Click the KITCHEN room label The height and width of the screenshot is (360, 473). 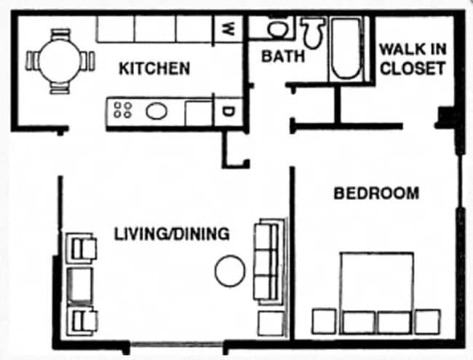[154, 68]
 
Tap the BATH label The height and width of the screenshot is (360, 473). [283, 57]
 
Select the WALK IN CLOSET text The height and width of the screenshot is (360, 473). [413, 59]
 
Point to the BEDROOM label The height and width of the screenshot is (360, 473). [376, 193]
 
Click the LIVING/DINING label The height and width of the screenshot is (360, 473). [172, 233]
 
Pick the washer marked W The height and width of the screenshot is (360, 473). [228, 29]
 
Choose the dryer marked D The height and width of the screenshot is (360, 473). [228, 112]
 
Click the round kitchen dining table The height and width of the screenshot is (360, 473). [60, 61]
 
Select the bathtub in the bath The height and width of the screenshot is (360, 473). [346, 49]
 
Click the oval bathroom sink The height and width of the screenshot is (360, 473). [278, 29]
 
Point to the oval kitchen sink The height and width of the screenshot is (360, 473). [156, 111]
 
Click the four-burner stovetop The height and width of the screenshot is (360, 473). [123, 110]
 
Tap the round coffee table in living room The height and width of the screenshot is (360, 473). [230, 271]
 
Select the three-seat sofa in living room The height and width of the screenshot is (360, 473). [269, 262]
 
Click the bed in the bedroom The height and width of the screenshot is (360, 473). [376, 293]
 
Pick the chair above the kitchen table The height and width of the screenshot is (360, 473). [60, 35]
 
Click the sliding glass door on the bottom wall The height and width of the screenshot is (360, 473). [177, 344]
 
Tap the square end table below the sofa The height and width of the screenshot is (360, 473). [271, 324]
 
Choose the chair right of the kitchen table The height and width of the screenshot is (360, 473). [87, 61]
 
